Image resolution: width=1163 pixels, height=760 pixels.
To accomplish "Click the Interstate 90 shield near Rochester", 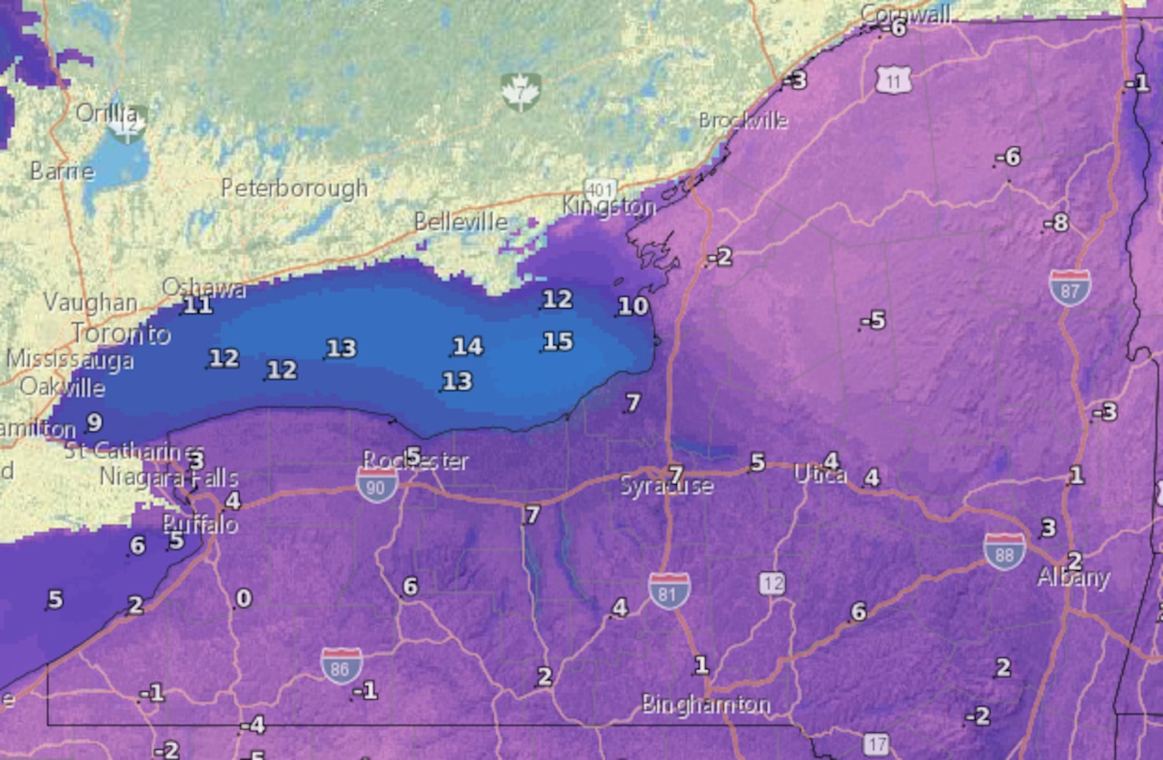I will click(x=377, y=485).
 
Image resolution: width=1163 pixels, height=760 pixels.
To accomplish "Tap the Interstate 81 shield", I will click(x=668, y=590).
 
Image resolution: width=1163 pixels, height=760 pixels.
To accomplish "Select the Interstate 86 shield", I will click(x=341, y=666).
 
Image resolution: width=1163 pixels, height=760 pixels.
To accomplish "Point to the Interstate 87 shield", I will click(x=1069, y=287).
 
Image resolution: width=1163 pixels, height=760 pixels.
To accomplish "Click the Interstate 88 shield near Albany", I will click(x=1004, y=550).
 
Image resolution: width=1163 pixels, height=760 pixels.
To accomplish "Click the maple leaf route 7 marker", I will click(x=521, y=93).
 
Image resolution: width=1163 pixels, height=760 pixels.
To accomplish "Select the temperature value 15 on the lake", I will click(x=558, y=341).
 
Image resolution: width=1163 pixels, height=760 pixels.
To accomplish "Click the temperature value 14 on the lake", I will click(x=467, y=346).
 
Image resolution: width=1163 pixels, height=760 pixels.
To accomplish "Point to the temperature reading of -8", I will click(x=1056, y=222).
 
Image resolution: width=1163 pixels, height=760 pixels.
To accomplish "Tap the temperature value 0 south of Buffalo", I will click(x=244, y=598).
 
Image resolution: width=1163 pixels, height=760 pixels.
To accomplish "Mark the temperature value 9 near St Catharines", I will click(x=93, y=422).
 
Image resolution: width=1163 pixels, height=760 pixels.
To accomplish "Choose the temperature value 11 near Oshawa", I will click(x=197, y=306).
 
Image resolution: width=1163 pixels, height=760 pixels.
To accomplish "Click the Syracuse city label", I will click(x=667, y=487).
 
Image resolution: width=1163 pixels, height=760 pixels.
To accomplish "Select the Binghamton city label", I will click(x=706, y=705).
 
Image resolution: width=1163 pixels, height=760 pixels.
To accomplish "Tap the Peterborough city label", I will click(x=294, y=188).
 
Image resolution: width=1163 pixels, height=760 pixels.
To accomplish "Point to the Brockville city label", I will click(x=742, y=121).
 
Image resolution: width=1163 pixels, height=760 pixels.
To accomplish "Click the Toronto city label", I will click(x=121, y=334).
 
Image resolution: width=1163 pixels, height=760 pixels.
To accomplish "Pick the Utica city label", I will click(x=820, y=474).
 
